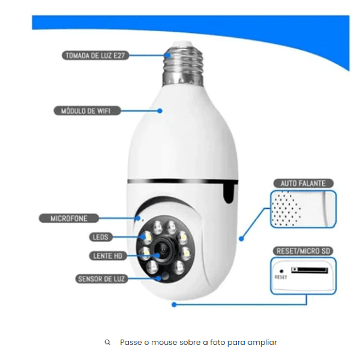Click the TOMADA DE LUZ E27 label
95,56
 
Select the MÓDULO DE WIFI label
87,111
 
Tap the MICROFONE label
69,218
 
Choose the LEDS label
101,237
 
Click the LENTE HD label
108,256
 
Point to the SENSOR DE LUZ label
101,279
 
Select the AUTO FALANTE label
303,184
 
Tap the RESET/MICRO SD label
303,251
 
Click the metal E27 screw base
183,64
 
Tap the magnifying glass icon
107,343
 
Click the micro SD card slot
310,270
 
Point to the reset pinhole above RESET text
281,271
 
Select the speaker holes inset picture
303,209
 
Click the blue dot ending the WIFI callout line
160,111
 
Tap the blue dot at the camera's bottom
174,305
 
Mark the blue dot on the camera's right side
241,239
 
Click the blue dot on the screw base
168,56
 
